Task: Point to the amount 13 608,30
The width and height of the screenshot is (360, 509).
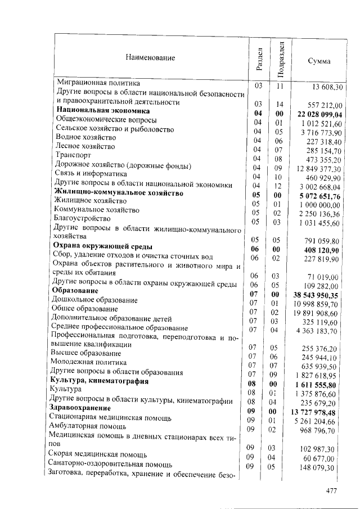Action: [x=325, y=88]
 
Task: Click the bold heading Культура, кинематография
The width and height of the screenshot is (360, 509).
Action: [x=99, y=381]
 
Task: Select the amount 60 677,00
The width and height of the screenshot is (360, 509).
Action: [x=325, y=458]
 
